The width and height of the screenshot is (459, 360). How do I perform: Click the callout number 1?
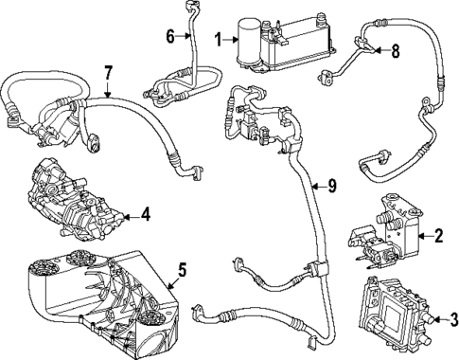[219, 39]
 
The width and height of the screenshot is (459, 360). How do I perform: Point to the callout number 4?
[145, 215]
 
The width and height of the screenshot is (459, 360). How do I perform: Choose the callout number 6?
[171, 36]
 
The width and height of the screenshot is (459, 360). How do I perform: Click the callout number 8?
[396, 51]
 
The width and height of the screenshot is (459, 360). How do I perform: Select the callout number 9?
[331, 186]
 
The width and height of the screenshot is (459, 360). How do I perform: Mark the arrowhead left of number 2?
[419, 234]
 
